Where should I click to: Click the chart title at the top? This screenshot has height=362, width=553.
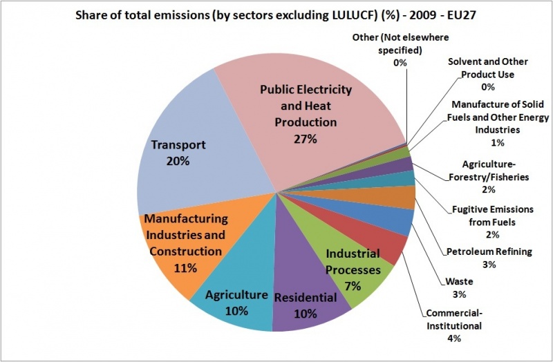point(276,16)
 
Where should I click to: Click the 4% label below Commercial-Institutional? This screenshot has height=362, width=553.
point(453,338)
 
